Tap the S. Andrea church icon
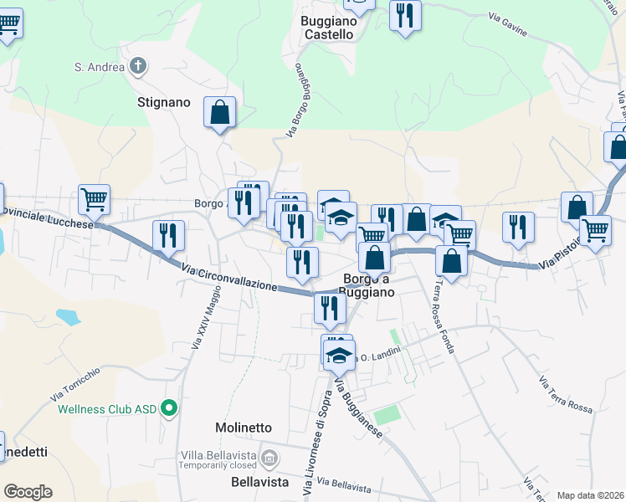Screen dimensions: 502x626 coord(139,65)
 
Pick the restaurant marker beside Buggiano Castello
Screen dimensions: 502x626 coord(405,15)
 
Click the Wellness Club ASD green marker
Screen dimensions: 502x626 coord(169,409)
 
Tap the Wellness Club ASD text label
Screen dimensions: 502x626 coord(108,410)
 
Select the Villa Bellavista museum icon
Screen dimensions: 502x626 coord(269,457)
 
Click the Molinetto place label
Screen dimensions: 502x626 coord(243,428)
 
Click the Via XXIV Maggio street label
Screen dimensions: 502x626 coord(206,318)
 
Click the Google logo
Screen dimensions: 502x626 coord(28,492)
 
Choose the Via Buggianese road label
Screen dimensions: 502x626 coord(358,410)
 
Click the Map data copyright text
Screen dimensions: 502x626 coord(590,495)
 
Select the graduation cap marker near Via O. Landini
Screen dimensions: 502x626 coord(339,354)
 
